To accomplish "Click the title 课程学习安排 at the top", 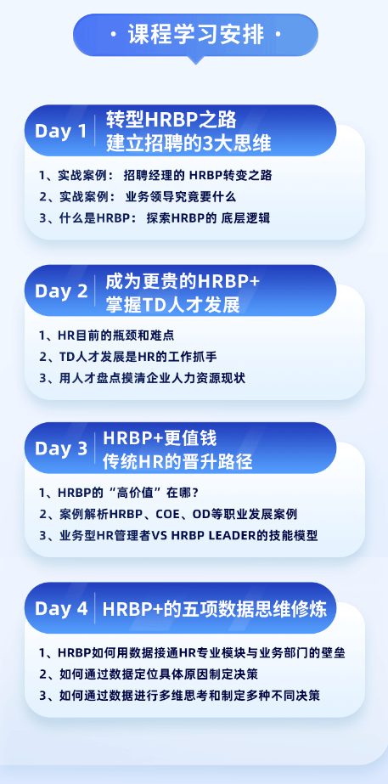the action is pyautogui.click(x=195, y=36).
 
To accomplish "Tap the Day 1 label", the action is pyautogui.click(x=61, y=131).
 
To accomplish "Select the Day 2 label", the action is pyautogui.click(x=61, y=291).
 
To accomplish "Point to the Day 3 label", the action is pyautogui.click(x=61, y=448).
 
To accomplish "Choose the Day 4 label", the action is pyautogui.click(x=61, y=608).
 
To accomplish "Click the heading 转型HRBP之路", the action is pyautogui.click(x=171, y=120).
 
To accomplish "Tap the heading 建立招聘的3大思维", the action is pyautogui.click(x=188, y=144).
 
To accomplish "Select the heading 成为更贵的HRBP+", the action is pyautogui.click(x=183, y=282).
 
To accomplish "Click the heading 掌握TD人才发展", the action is pyautogui.click(x=172, y=304).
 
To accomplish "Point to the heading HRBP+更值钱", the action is pyautogui.click(x=160, y=438).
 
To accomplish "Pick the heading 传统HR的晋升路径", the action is pyautogui.click(x=177, y=462).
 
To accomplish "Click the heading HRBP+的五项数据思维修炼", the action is pyautogui.click(x=215, y=609).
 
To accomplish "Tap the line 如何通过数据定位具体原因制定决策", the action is pyautogui.click(x=149, y=674).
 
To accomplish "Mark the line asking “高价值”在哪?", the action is pyautogui.click(x=119, y=493).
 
